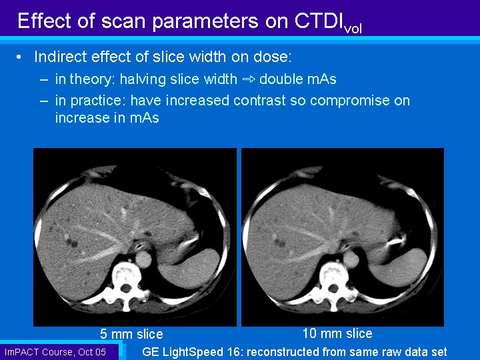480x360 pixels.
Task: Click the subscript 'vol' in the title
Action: point(353,29)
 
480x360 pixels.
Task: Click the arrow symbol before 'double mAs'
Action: point(249,79)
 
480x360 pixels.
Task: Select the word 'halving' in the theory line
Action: point(143,79)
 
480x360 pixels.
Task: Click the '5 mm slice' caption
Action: point(131,334)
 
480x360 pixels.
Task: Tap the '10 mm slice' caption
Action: point(337,333)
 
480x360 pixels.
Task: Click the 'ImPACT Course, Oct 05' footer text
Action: point(55,352)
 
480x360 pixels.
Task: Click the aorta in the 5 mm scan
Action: point(143,259)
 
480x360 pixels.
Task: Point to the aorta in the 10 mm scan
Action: point(351,259)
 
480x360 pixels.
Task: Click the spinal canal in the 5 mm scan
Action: point(125,288)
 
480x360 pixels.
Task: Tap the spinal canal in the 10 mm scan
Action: point(333,288)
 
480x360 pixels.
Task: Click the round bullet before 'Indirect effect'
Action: point(19,57)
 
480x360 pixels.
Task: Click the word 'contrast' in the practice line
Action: point(259,101)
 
